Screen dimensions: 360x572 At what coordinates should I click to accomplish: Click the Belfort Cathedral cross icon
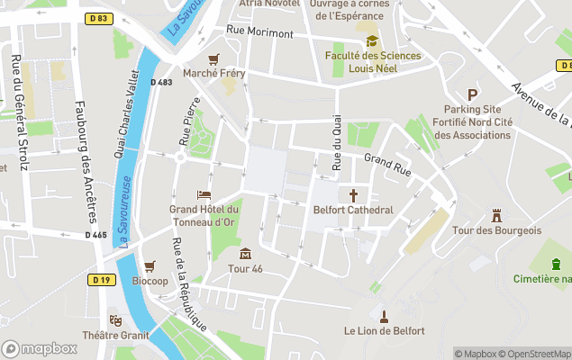pos(353,194)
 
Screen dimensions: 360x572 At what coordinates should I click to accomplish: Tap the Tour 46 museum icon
pos(245,253)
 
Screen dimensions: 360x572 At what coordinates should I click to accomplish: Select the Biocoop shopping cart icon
pos(150,265)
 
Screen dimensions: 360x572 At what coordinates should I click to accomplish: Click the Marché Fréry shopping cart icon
pos(213,58)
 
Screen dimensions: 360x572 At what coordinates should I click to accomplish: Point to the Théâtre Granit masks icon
pos(115,319)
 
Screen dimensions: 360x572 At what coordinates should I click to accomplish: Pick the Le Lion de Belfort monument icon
pos(384,316)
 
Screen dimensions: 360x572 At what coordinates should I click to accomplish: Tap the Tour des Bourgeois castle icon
pos(495,215)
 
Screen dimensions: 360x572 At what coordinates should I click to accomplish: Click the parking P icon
pos(471,94)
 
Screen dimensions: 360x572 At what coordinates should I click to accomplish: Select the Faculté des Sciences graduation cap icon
pos(372,40)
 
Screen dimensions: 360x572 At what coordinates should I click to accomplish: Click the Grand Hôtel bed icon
pos(204,194)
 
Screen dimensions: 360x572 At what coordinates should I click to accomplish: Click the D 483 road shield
pos(161,82)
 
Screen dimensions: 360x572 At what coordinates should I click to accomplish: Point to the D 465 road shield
pos(96,235)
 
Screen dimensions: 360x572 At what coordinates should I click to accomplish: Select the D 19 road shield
pos(101,280)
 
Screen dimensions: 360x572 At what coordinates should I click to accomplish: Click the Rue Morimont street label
pos(259,32)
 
